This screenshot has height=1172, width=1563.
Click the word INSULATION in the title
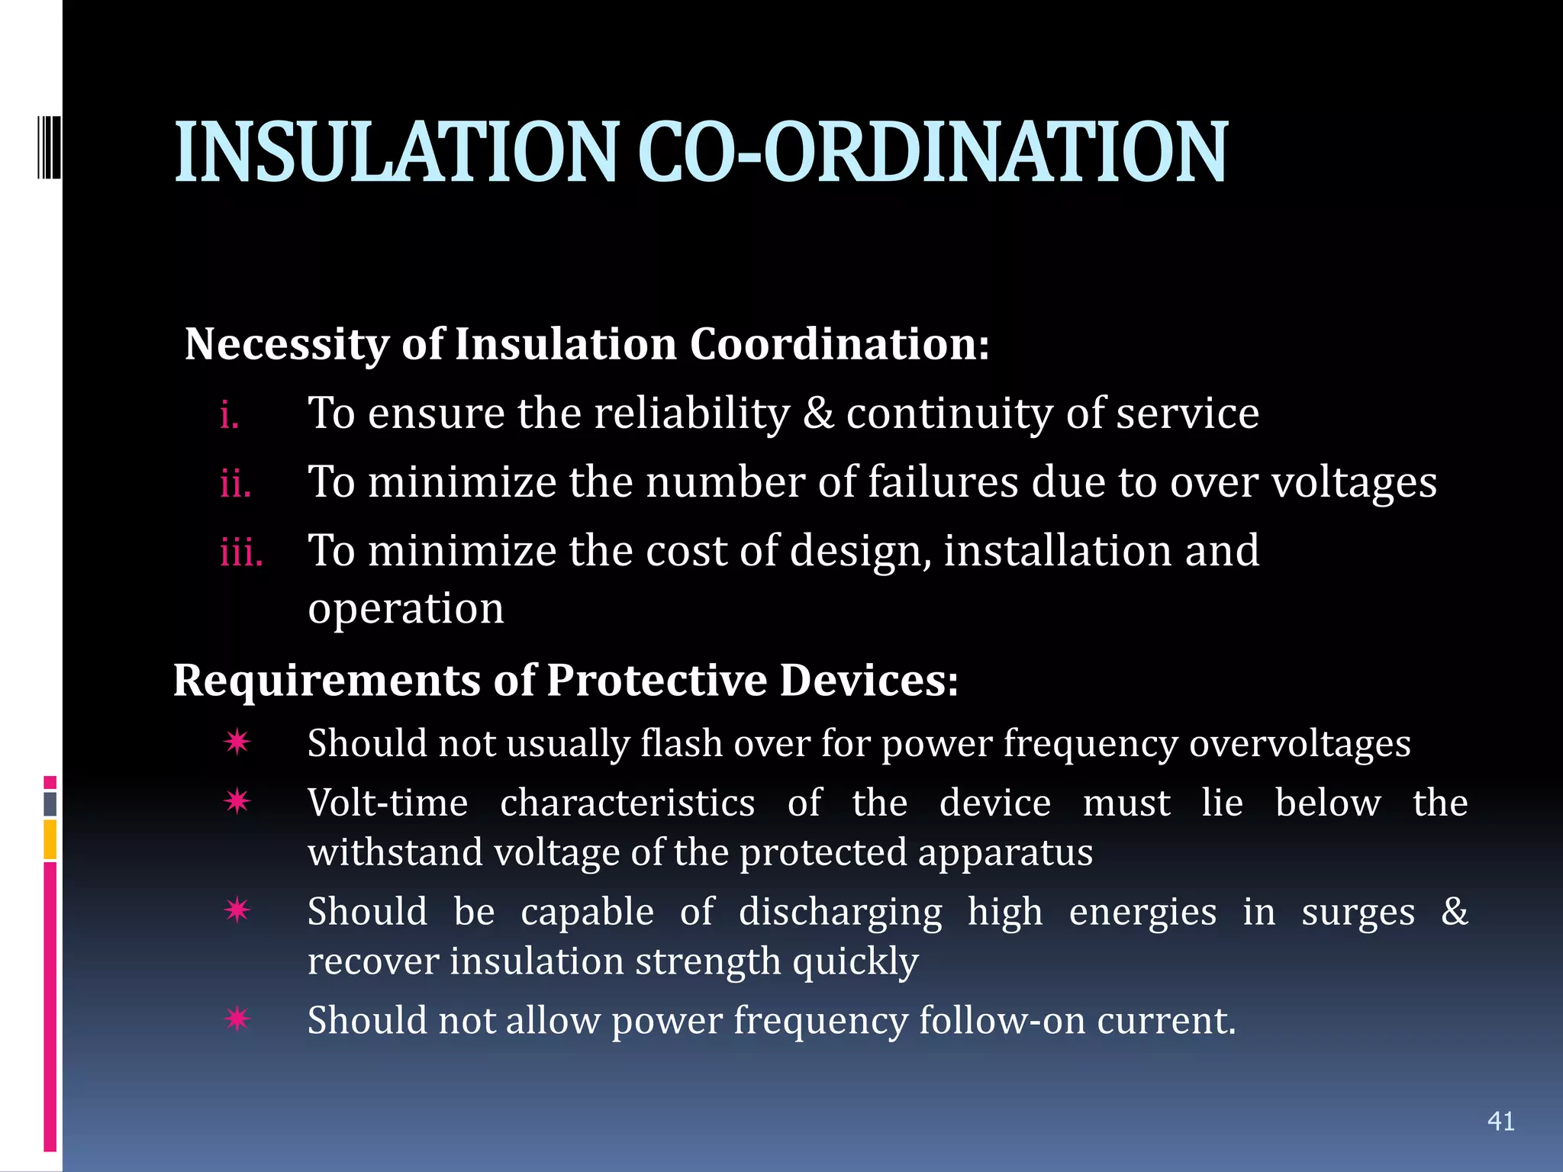click(395, 153)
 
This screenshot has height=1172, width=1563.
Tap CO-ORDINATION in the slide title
click(932, 153)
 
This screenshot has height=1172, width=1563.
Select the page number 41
click(1500, 1121)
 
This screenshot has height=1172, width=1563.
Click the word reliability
click(691, 414)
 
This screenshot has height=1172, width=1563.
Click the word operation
click(406, 610)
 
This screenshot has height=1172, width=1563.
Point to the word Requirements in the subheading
click(327, 681)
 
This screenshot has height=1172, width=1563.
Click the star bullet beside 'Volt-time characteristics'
click(237, 801)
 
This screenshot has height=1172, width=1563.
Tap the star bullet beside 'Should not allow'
click(237, 1019)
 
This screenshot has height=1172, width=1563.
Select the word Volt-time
click(388, 803)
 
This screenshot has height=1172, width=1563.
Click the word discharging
click(840, 913)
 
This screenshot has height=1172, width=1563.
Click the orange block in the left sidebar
click(50, 839)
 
